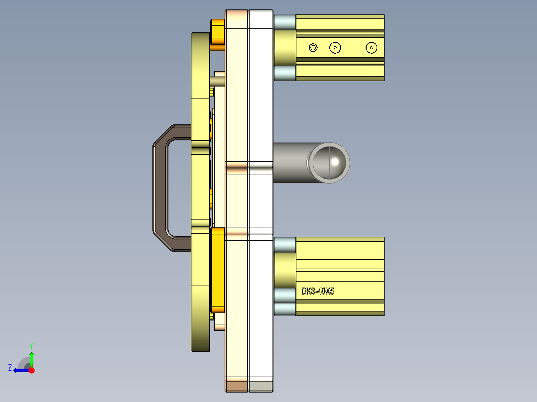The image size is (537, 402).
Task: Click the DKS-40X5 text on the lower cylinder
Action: pos(317,291)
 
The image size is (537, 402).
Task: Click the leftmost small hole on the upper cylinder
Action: pos(313,48)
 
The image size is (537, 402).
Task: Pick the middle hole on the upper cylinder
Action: pos(335,48)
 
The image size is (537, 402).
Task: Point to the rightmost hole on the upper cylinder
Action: pos(371,48)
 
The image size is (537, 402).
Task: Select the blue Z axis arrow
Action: pos(20,370)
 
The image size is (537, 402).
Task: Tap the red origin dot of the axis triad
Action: pos(31,370)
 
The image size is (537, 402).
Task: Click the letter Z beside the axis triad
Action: pos(10,368)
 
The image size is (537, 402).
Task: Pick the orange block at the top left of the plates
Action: pos(218,32)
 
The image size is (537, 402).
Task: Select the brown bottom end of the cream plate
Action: pos(236,386)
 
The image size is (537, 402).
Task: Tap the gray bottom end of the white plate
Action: pos(261,386)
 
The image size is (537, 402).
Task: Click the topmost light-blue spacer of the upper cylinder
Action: pos(285,21)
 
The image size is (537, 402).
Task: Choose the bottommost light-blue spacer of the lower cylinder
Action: pos(285,309)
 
